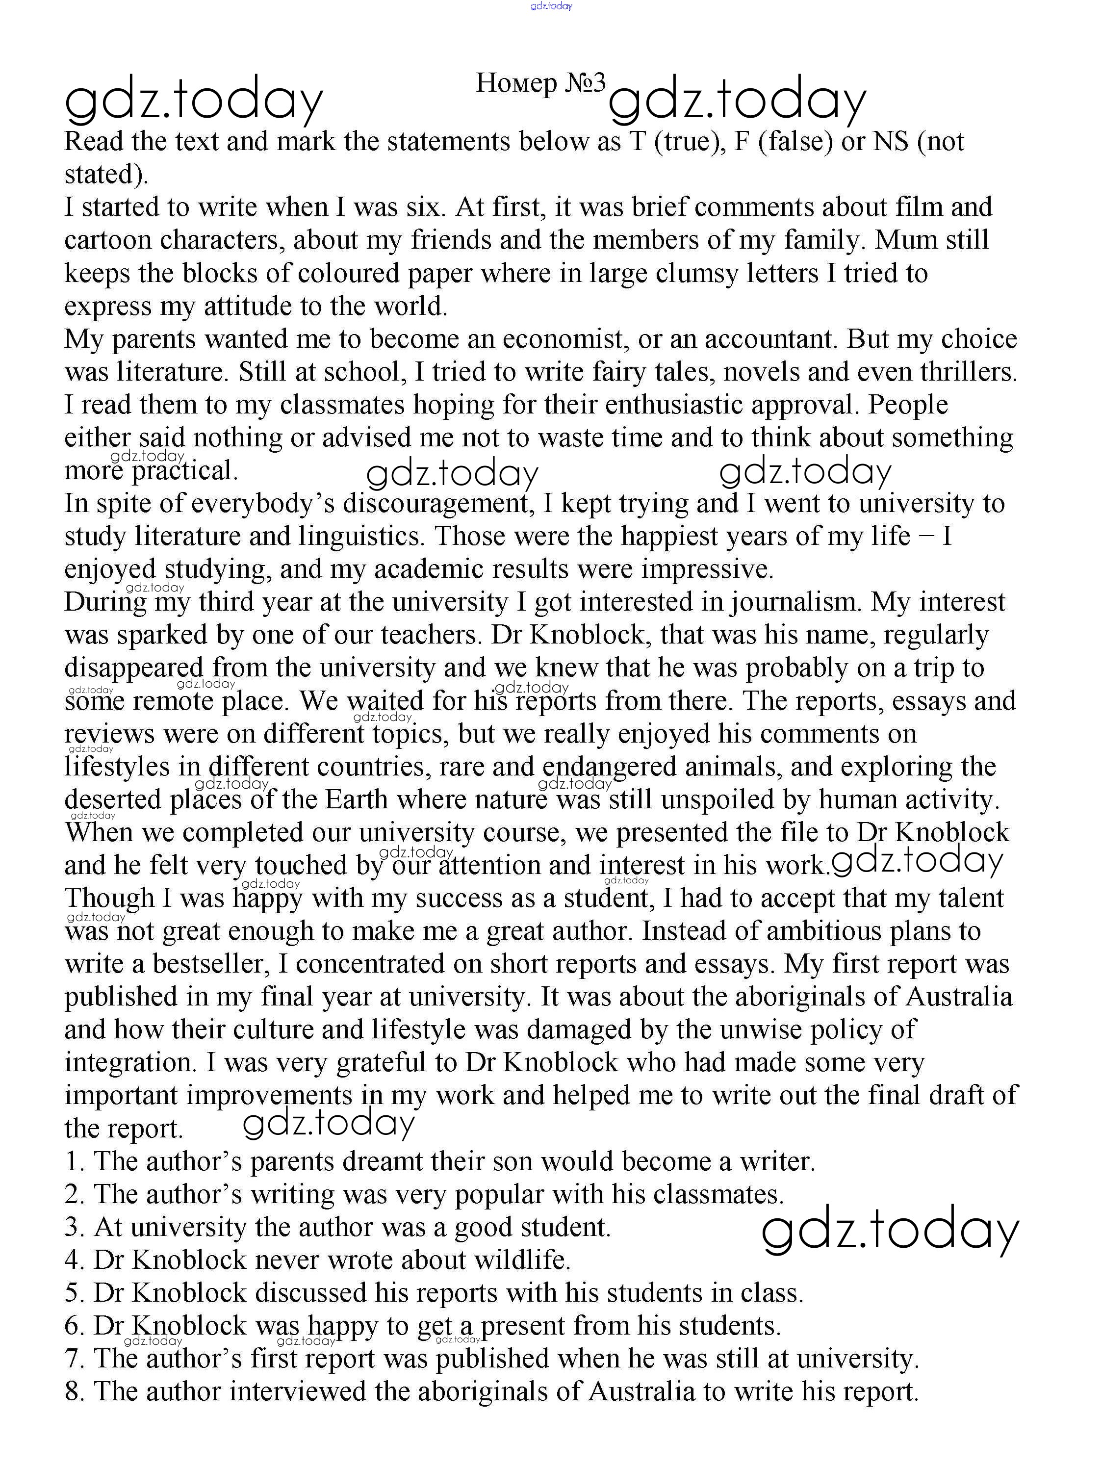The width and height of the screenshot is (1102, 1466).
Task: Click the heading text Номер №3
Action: [x=540, y=83]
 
